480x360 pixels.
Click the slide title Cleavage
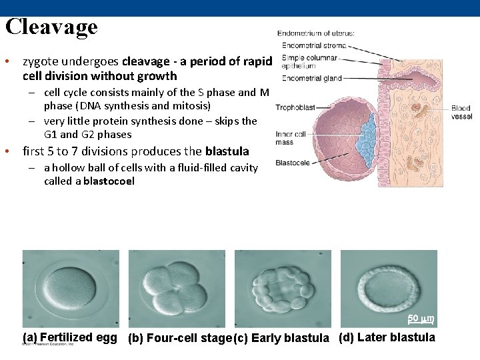coord(51,27)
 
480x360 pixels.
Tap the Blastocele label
coord(291,162)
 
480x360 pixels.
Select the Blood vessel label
coord(461,112)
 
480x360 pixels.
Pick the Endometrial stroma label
coord(314,45)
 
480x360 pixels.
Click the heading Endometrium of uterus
coord(316,33)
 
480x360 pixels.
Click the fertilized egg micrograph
coord(71,289)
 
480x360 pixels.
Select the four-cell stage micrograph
coord(176,289)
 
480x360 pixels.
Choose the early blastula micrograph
coord(282,289)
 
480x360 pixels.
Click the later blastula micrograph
coord(389,289)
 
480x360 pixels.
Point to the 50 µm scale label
coord(421,318)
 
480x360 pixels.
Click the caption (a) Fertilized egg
coord(70,337)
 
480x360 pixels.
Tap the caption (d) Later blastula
coord(387,337)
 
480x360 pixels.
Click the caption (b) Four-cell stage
coord(179,338)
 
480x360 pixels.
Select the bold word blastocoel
coord(109,181)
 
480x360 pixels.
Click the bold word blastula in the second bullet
coord(227,151)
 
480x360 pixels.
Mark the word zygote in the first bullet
coord(40,61)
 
